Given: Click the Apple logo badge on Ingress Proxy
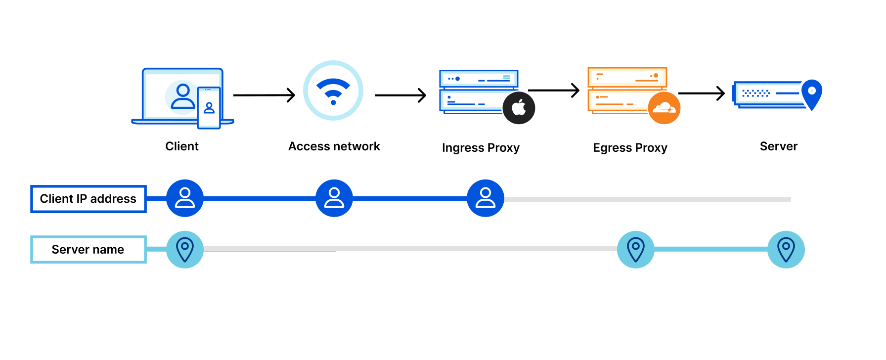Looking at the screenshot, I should pyautogui.click(x=519, y=108).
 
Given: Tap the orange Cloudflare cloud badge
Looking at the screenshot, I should pyautogui.click(x=664, y=108).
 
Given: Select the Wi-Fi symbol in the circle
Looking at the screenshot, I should pyautogui.click(x=333, y=90).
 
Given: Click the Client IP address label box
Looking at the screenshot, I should pyautogui.click(x=89, y=199).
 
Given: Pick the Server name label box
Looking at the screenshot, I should pyautogui.click(x=89, y=249).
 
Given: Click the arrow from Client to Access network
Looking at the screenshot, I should pyautogui.click(x=264, y=95).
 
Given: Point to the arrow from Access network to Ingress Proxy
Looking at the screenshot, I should pyautogui.click(x=400, y=95).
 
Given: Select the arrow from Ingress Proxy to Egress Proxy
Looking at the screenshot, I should pyautogui.click(x=554, y=90).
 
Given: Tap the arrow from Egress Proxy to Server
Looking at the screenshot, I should pyautogui.click(x=701, y=93).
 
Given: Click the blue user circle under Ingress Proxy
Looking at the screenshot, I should pyautogui.click(x=486, y=198).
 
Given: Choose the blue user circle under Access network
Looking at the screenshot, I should pyautogui.click(x=334, y=198).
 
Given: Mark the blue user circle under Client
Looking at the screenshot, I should pyautogui.click(x=185, y=198).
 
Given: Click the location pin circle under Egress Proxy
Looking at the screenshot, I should pyautogui.click(x=636, y=249).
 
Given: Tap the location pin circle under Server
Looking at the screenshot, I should pyautogui.click(x=786, y=249).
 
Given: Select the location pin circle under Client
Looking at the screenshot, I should pyautogui.click(x=185, y=249).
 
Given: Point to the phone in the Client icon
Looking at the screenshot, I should pyautogui.click(x=209, y=108).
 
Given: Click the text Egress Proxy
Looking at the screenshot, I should pyautogui.click(x=630, y=148).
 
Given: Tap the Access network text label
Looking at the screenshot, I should pyautogui.click(x=334, y=146).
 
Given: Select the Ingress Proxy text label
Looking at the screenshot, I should pyautogui.click(x=481, y=148).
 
